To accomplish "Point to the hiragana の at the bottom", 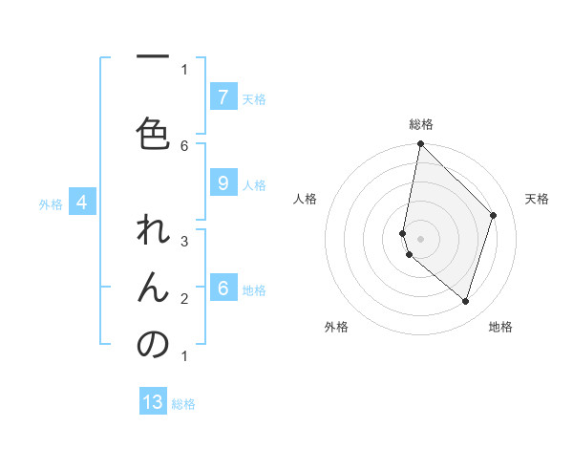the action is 153,344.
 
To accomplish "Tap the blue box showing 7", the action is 223,96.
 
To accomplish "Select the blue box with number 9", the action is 223,184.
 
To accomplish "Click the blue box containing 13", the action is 153,402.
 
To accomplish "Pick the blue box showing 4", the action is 82,203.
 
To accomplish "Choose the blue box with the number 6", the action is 223,289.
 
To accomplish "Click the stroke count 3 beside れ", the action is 184,241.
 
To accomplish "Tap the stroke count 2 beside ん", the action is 184,298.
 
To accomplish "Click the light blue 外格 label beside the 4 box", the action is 50,203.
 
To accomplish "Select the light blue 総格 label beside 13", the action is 183,404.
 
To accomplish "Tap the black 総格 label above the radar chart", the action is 421,124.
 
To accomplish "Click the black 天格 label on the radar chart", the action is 537,199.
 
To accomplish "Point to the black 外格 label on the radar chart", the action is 336,327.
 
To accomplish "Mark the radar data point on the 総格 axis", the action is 420,144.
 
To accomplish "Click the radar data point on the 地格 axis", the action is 465,301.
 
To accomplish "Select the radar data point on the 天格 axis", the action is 493,215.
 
